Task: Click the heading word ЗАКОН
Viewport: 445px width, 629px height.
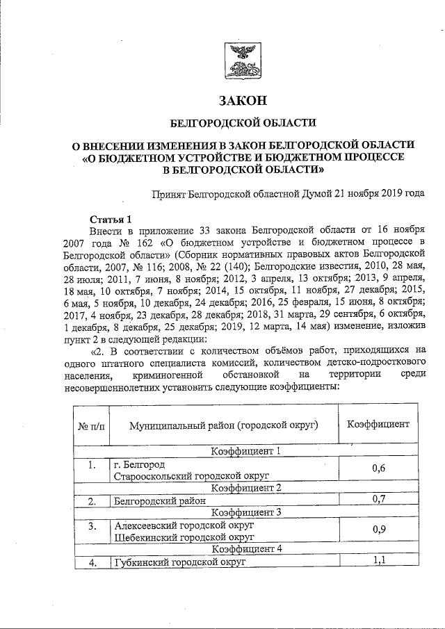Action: pyautogui.click(x=243, y=101)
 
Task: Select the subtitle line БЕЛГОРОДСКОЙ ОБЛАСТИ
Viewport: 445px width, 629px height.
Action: pyautogui.click(x=243, y=123)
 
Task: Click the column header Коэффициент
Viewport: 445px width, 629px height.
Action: pyautogui.click(x=378, y=423)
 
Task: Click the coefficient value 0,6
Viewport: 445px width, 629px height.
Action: pyautogui.click(x=378, y=469)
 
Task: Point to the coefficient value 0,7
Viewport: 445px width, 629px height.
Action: pyautogui.click(x=378, y=498)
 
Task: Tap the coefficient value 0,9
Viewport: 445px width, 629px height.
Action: pyautogui.click(x=378, y=530)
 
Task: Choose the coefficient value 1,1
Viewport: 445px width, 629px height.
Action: pyautogui.click(x=378, y=561)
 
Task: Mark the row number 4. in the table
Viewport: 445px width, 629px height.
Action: pyautogui.click(x=91, y=562)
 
